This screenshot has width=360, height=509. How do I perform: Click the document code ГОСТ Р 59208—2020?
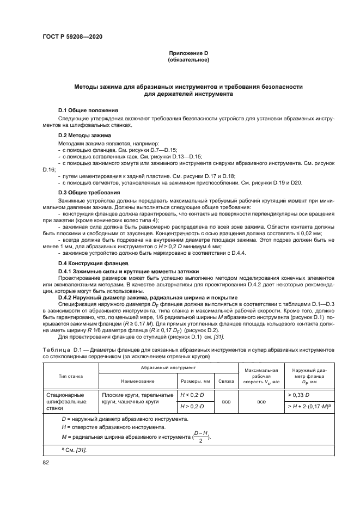(x=72, y=36)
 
